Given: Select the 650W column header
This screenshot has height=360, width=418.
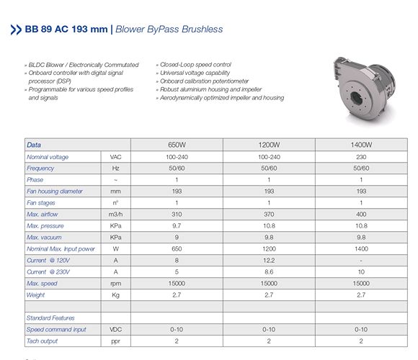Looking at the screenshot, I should click(x=177, y=145).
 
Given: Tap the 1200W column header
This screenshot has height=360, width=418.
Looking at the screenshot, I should click(x=269, y=145).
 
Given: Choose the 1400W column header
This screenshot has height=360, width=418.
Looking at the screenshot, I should click(x=361, y=145).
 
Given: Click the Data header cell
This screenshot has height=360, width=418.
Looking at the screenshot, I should click(x=34, y=145).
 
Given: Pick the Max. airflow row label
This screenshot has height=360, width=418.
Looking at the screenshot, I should click(x=43, y=215).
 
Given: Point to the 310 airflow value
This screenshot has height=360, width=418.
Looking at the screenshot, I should click(x=177, y=215).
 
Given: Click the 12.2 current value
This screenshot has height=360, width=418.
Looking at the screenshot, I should click(x=269, y=261).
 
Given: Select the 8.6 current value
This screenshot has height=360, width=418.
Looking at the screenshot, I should click(x=269, y=272).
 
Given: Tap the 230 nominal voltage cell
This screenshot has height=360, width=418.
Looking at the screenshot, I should click(x=361, y=156).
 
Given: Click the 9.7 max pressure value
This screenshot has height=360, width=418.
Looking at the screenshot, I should click(x=177, y=226).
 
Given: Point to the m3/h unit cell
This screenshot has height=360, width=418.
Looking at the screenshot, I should click(x=115, y=215).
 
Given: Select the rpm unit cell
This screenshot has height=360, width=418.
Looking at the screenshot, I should click(x=115, y=284).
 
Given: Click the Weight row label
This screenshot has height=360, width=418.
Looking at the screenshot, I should click(x=35, y=295).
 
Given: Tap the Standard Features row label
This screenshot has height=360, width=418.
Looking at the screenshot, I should click(x=50, y=318).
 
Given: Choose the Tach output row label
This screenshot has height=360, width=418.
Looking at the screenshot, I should click(x=42, y=341).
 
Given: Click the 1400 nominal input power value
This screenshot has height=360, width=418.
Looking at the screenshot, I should click(x=361, y=249).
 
